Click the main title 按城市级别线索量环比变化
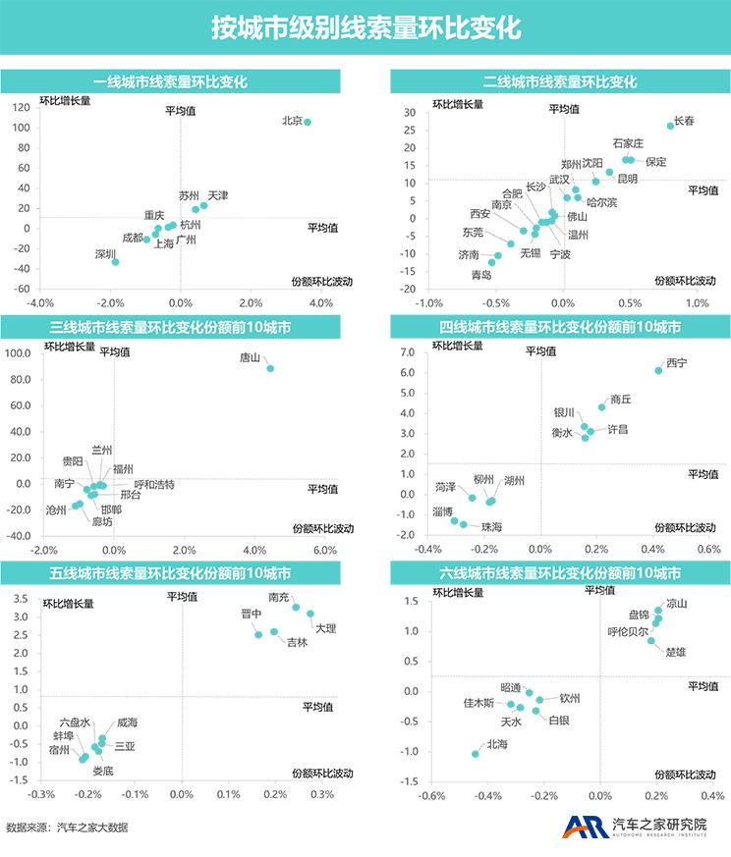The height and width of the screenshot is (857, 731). [x=365, y=27]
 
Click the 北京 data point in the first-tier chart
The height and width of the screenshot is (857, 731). [x=308, y=123]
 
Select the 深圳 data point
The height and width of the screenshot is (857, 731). [x=115, y=262]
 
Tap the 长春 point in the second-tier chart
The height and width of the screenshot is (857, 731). [x=670, y=126]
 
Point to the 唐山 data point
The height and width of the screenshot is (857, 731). [x=270, y=368]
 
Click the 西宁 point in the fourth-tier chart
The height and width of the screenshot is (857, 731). [x=658, y=370]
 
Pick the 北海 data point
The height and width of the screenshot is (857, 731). [x=476, y=754]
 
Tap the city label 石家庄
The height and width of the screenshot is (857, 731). [x=628, y=143]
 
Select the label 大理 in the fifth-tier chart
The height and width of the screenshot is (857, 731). [x=325, y=628]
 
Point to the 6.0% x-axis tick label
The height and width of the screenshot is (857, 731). [x=324, y=550]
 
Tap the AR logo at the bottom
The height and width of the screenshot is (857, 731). [x=583, y=827]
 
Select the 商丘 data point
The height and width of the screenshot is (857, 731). [x=602, y=407]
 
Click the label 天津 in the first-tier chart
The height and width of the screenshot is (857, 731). [x=218, y=195]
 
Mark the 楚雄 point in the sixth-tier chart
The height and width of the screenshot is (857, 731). [x=650, y=640]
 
